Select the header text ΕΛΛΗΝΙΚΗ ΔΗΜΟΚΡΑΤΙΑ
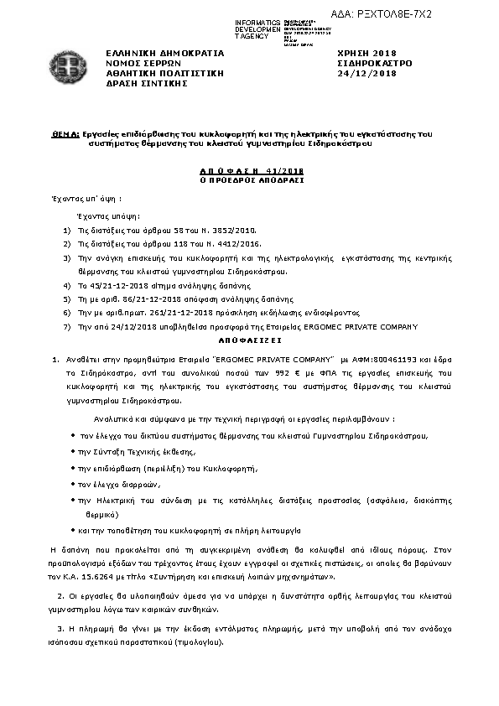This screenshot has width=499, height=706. pos(153,53)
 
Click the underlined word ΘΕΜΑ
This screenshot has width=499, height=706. pos(65,133)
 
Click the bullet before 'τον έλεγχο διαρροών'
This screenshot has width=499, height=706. pos(74,485)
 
